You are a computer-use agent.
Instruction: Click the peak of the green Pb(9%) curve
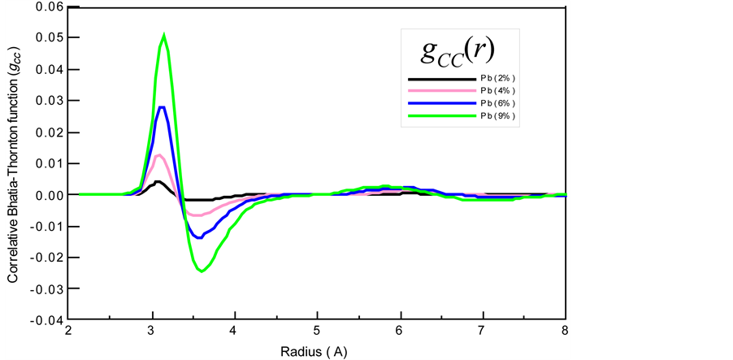(164, 35)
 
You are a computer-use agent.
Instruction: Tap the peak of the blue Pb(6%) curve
(162, 107)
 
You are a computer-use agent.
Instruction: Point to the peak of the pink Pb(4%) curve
(159, 154)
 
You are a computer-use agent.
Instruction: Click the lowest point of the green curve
(201, 271)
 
